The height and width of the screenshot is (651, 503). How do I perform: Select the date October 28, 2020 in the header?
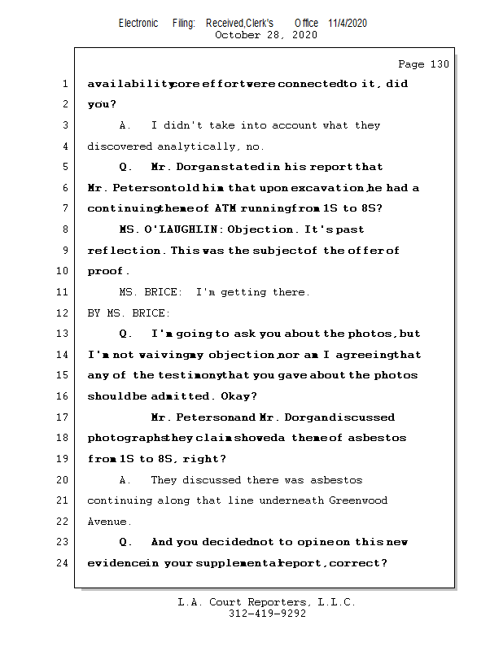click(x=265, y=35)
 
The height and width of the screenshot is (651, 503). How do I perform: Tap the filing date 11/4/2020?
click(x=348, y=23)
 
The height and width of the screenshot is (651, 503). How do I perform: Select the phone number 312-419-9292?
click(x=267, y=614)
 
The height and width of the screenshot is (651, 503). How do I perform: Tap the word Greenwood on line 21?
click(x=358, y=500)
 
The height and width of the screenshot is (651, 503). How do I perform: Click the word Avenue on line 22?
click(x=107, y=521)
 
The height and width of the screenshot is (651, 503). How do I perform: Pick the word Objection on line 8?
click(x=258, y=229)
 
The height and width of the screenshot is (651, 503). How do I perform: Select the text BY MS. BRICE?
click(x=129, y=312)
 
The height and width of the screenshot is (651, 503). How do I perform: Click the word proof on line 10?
click(x=106, y=271)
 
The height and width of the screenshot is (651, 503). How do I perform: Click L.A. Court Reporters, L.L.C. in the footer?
click(x=266, y=602)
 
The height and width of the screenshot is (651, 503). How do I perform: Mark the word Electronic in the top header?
click(x=138, y=23)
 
